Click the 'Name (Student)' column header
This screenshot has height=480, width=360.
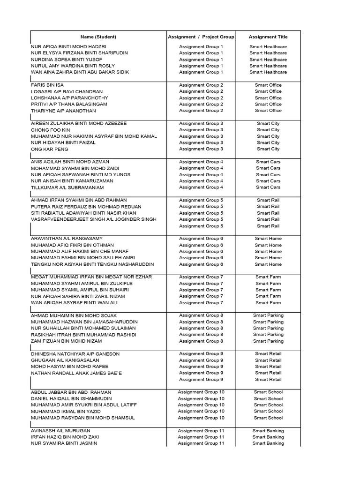(98, 37)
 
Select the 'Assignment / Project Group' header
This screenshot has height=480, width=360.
(201, 37)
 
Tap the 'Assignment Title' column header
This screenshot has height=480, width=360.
(268, 37)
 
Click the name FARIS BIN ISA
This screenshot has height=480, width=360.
(47, 85)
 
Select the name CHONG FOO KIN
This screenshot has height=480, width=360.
(51, 130)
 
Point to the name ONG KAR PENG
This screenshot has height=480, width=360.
(50, 149)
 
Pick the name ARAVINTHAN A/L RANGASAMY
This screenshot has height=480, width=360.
(67, 239)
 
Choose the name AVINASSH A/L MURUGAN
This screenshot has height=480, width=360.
(60, 431)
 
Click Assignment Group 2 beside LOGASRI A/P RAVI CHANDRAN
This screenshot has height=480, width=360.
(201, 92)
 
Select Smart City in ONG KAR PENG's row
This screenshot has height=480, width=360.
(268, 149)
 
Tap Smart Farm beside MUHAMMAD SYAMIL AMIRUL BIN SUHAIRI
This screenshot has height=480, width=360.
(268, 290)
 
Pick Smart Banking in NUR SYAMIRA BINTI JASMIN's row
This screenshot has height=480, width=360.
(268, 443)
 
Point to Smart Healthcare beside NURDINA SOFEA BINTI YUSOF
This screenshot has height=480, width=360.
(268, 60)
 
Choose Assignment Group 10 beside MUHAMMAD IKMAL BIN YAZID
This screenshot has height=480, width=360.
(201, 412)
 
